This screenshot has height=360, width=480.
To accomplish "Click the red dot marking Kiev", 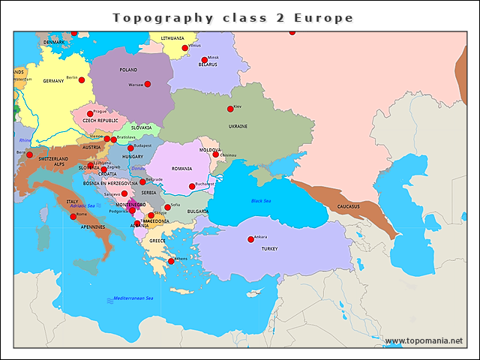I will (x=230, y=109).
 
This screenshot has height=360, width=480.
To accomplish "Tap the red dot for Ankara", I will (x=250, y=239).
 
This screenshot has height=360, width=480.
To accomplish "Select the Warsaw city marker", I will (x=148, y=84).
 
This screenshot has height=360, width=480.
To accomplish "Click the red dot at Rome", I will (x=73, y=216).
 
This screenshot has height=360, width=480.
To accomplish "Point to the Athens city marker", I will (x=171, y=261).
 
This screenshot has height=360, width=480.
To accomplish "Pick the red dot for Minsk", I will (x=204, y=60).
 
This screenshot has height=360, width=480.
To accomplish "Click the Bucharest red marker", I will (x=191, y=186).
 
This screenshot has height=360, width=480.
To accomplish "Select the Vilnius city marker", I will (x=185, y=48).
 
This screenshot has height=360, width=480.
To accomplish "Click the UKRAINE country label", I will (x=238, y=126).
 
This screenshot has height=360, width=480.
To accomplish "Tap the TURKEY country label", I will (x=269, y=248).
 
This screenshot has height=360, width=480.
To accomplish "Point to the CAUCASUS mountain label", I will (x=348, y=206).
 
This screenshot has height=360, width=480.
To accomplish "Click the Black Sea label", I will (x=262, y=201).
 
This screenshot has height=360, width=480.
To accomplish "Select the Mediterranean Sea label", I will (x=133, y=298).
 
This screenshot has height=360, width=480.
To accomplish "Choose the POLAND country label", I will (x=128, y=70).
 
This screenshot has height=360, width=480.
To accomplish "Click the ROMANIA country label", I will (x=181, y=169).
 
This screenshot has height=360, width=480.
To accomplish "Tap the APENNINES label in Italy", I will (x=93, y=226).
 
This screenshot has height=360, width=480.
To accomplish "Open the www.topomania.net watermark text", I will (x=424, y=340).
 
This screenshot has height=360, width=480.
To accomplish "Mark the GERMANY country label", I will (x=53, y=81).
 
